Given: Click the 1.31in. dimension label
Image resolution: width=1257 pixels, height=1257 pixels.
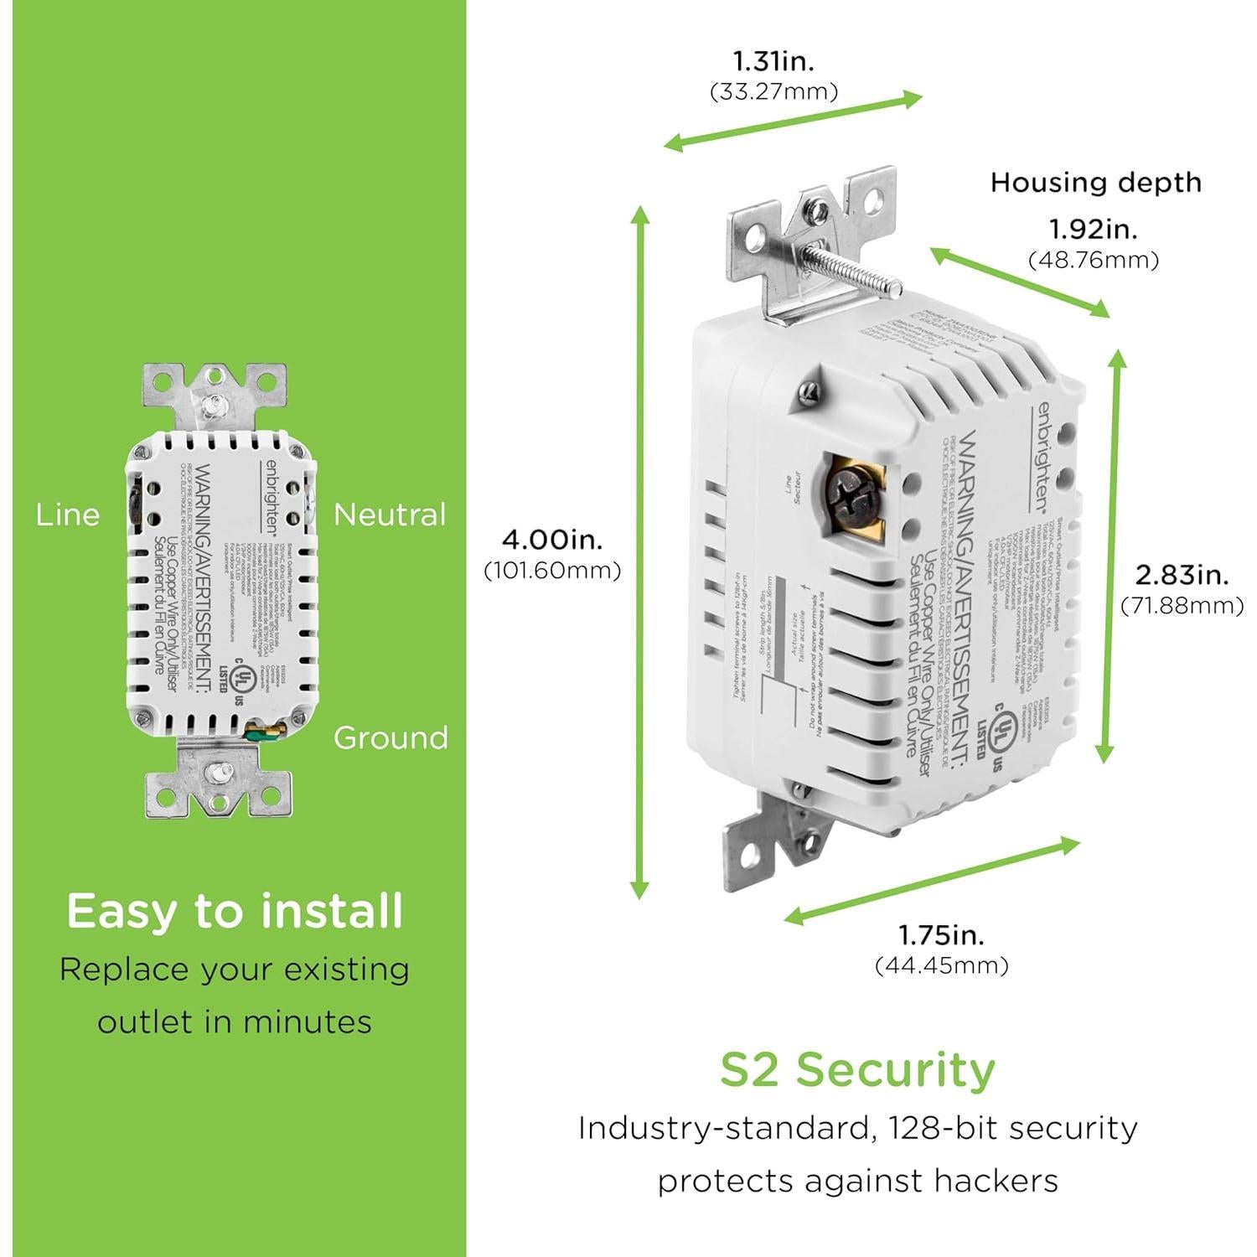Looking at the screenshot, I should pyautogui.click(x=773, y=61).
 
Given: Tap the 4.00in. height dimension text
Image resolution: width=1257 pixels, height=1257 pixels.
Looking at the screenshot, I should pyautogui.click(x=552, y=539).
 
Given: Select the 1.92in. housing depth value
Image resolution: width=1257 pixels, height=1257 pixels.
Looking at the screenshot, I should pyautogui.click(x=1094, y=229).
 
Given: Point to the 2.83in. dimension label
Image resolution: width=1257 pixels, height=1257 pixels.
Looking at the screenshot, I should pyautogui.click(x=1182, y=575).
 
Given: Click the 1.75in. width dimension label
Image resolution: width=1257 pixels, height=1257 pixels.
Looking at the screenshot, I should pyautogui.click(x=941, y=934).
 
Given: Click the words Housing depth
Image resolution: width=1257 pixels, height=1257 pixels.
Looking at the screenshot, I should pyautogui.click(x=1095, y=182).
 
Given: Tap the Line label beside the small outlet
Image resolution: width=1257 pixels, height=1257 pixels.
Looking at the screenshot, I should pyautogui.click(x=67, y=515).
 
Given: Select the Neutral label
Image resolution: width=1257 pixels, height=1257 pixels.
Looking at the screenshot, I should pyautogui.click(x=390, y=515).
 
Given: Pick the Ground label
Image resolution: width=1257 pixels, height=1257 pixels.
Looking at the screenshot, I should pyautogui.click(x=390, y=737).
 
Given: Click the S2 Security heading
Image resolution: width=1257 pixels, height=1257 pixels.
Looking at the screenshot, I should pyautogui.click(x=857, y=1070).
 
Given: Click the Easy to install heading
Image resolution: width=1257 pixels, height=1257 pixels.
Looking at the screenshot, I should pyautogui.click(x=235, y=911).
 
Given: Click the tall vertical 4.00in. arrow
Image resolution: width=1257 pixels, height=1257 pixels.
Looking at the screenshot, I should pyautogui.click(x=640, y=553).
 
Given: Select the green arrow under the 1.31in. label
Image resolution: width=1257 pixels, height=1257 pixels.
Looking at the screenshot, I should pyautogui.click(x=793, y=122).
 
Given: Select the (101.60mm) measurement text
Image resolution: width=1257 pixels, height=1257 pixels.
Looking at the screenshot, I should pyautogui.click(x=552, y=571).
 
